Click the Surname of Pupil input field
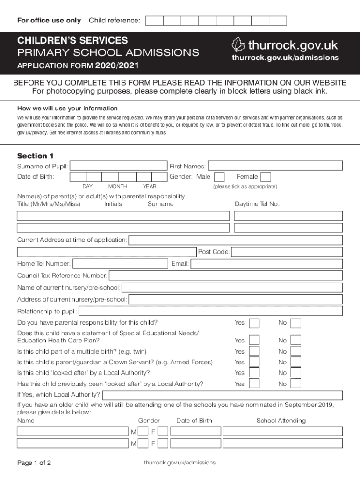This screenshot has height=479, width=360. [118, 166]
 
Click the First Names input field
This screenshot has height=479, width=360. [275, 166]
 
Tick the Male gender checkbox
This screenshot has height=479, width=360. [219, 177]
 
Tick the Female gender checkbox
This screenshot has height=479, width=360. [266, 177]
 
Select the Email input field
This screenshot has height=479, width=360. [266, 264]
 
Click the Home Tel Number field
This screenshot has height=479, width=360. [120, 264]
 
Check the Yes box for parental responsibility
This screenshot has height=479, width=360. [254, 323]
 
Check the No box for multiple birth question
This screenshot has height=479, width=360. [295, 351]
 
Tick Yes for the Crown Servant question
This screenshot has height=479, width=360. [254, 362]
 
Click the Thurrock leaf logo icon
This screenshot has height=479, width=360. [238, 45]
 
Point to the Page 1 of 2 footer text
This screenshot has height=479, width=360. [34, 463]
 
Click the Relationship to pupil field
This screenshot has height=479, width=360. [210, 312]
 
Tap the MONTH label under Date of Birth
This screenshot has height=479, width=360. [117, 187]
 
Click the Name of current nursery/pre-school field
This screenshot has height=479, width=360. [232, 288]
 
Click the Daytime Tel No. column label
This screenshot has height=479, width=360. [257, 204]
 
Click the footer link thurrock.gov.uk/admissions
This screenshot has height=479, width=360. [180, 463]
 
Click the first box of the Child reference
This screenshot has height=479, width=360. [154, 21]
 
